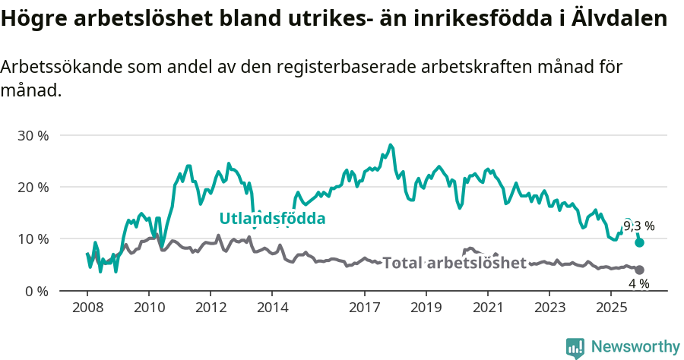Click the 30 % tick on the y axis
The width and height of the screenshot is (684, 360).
click(32, 135)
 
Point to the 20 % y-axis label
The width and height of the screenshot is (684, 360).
click(32, 187)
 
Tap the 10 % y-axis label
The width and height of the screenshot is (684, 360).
click(32, 238)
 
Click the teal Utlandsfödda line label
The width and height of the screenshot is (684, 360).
click(272, 219)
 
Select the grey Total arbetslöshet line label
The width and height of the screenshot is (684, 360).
click(454, 264)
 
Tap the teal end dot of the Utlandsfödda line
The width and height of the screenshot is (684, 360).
click(640, 242)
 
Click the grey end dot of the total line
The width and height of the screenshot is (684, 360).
click(640, 270)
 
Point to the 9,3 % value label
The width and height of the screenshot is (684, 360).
click(638, 226)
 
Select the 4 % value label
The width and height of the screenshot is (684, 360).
click(638, 283)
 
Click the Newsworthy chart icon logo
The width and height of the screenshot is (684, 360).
click(575, 347)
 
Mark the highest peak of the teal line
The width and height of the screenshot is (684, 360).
click(391, 144)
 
